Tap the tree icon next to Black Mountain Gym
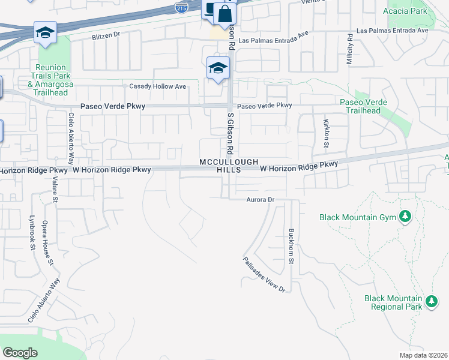(405, 216)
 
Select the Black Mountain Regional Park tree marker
(430, 301)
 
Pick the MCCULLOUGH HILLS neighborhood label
(229, 166)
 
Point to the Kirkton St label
(327, 133)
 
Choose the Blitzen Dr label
(106, 35)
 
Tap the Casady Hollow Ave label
(158, 86)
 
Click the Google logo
(20, 353)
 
